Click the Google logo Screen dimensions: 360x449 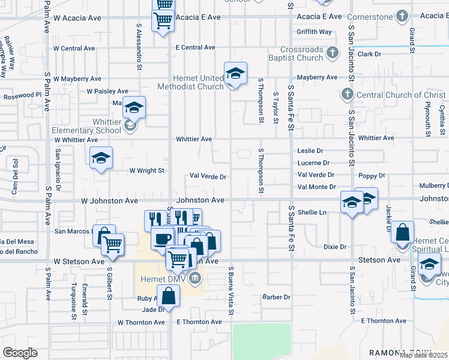pyautogui.click(x=20, y=353)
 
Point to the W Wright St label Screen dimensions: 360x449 pyautogui.click(x=146, y=170)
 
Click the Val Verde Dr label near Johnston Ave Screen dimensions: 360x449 pyautogui.click(x=208, y=177)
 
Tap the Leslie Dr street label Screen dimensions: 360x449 pyautogui.click(x=310, y=151)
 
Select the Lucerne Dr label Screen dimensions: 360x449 pyautogui.click(x=313, y=163)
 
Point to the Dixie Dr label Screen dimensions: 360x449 pyautogui.click(x=335, y=247)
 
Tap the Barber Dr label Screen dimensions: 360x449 pyautogui.click(x=276, y=297)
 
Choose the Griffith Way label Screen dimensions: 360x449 pyautogui.click(x=314, y=32)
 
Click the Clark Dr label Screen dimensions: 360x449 pyautogui.click(x=369, y=54)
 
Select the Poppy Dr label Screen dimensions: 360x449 pyautogui.click(x=372, y=176)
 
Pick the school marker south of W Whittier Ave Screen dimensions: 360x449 pyautogui.click(x=101, y=158)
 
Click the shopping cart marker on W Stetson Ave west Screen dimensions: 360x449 pyautogui.click(x=112, y=244)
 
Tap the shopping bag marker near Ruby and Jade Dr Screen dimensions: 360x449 pyautogui.click(x=169, y=295)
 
